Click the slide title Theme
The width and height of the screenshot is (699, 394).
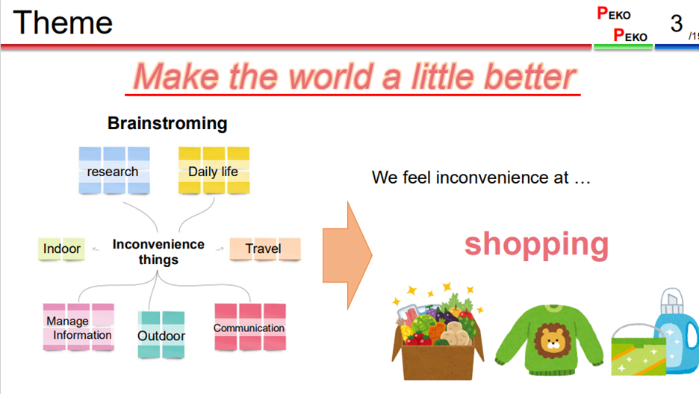[63, 22]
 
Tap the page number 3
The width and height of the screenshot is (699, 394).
[677, 23]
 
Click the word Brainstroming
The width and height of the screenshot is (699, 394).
[167, 123]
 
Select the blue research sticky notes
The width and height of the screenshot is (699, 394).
[114, 171]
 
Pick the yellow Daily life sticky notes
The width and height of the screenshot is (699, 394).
[214, 171]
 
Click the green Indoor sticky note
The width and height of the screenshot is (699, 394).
[61, 249]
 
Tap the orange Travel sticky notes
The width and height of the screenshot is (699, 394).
[265, 249]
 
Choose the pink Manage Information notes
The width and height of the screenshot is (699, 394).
[78, 328]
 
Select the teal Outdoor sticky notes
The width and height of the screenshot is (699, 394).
[161, 335]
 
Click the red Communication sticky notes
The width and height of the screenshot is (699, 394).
[249, 328]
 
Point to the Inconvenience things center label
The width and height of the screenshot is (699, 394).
[158, 252]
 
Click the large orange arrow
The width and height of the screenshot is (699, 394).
[347, 255]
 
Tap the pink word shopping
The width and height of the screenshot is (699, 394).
[536, 245]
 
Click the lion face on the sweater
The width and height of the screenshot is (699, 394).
[553, 341]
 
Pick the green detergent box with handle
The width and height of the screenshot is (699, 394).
[639, 351]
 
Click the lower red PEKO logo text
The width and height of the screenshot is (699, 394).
[630, 35]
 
